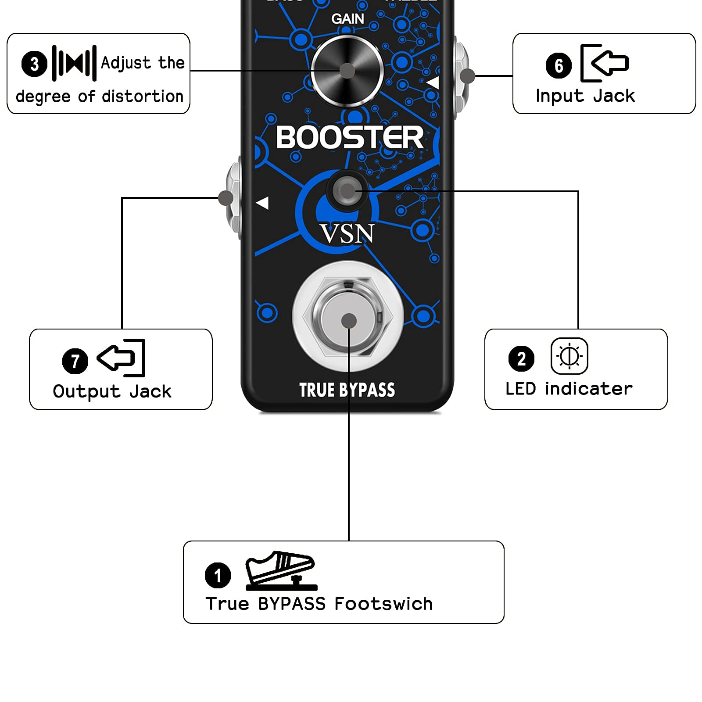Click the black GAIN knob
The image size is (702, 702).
tap(347, 71)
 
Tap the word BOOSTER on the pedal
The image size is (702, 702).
tap(350, 137)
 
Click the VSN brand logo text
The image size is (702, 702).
tap(347, 233)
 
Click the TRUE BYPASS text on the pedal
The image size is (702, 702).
tap(347, 390)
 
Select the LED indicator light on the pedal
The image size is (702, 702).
tap(347, 191)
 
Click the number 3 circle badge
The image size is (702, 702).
tap(34, 64)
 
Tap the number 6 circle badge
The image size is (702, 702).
tap(559, 65)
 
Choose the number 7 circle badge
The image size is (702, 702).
tap(75, 361)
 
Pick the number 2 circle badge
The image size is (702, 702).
tap(521, 358)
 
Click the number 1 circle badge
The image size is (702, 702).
tap(218, 575)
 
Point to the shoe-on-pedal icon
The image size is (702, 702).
tap(281, 570)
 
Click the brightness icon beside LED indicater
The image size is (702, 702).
tap(569, 356)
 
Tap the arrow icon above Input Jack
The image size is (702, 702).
tap(604, 63)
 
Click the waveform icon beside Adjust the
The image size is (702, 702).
tap(74, 63)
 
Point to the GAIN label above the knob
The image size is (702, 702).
tap(347, 19)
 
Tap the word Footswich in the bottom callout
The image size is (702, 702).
tap(383, 604)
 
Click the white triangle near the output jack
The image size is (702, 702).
tap(262, 203)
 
